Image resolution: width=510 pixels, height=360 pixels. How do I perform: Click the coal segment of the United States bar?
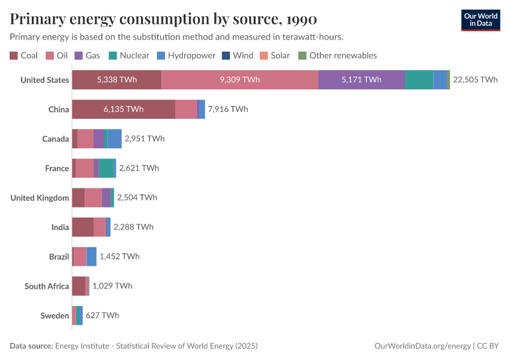click(116, 80)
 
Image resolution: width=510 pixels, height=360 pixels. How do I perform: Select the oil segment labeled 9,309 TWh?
click(239, 80)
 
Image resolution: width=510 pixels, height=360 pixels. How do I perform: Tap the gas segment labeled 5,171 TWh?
click(361, 80)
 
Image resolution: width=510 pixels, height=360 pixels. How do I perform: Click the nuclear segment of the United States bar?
click(419, 80)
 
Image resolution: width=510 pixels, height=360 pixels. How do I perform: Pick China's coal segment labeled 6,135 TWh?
click(123, 109)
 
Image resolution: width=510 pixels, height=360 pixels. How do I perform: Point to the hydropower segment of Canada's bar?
click(115, 139)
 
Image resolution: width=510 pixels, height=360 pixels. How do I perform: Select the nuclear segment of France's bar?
click(106, 168)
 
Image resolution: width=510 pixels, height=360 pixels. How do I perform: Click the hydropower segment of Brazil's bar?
click(91, 256)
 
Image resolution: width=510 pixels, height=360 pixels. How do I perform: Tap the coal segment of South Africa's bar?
click(79, 286)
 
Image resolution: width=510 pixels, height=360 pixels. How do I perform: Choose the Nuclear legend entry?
click(129, 55)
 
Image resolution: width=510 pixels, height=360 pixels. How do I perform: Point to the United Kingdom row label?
click(40, 197)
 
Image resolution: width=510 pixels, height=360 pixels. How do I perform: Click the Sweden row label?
click(55, 315)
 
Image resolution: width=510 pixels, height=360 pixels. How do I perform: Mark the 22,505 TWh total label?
click(475, 80)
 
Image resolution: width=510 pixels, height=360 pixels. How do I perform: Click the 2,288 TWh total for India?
click(133, 227)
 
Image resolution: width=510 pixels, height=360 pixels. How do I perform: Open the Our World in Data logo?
click(481, 20)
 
